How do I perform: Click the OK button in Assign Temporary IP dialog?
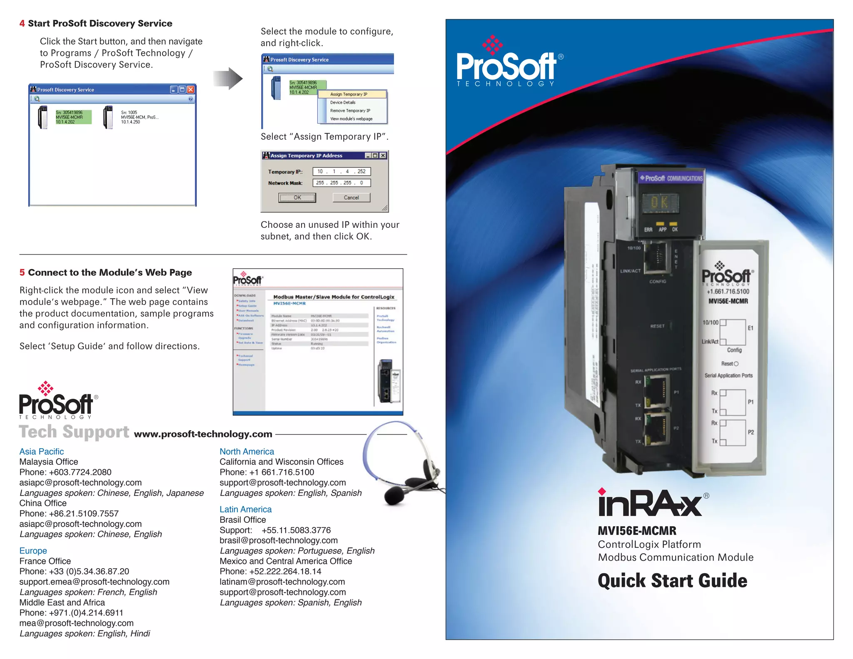(x=297, y=197)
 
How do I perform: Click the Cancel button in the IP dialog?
(x=351, y=197)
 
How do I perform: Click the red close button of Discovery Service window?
(x=191, y=90)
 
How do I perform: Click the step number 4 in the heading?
(x=22, y=23)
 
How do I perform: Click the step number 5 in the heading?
(x=22, y=272)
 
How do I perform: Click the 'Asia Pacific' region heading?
(x=42, y=452)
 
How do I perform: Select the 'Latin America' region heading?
(x=245, y=509)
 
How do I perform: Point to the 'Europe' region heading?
(x=33, y=551)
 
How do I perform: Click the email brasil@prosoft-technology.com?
(x=279, y=540)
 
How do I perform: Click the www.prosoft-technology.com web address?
(x=203, y=434)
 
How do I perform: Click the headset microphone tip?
(x=394, y=496)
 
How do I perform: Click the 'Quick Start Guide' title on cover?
(x=672, y=581)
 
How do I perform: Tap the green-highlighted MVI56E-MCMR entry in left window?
(x=72, y=117)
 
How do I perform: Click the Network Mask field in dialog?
(x=341, y=183)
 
